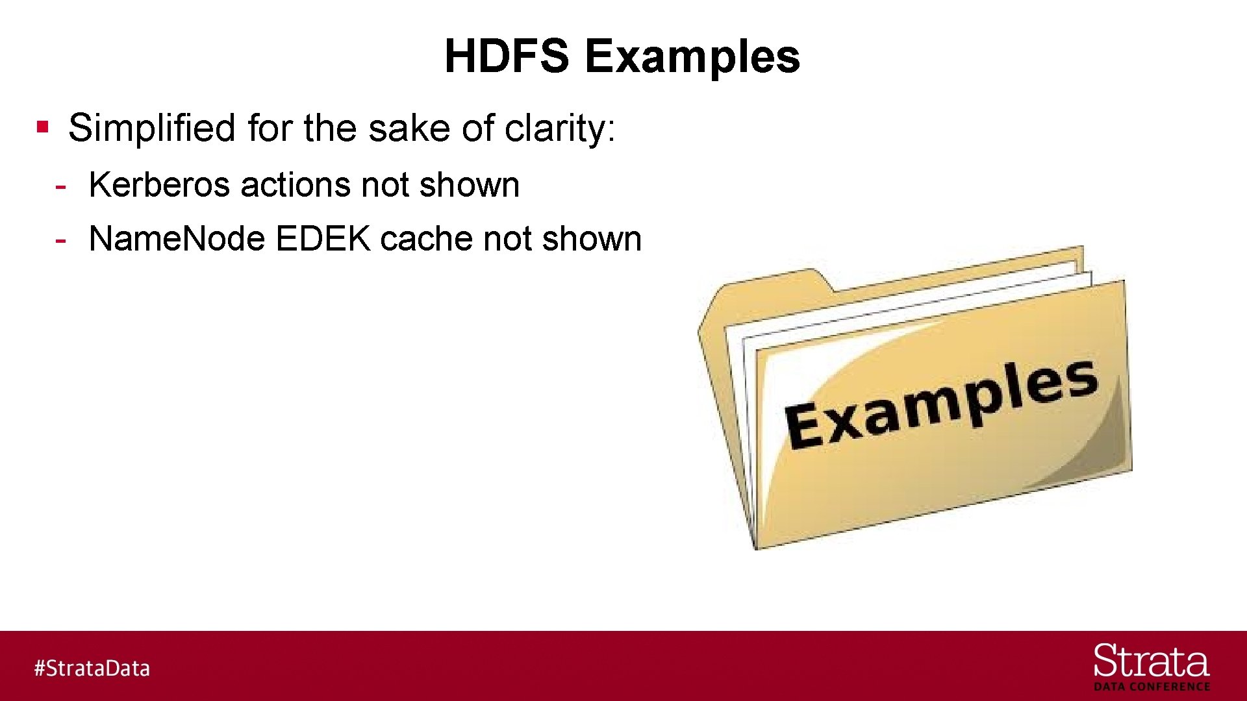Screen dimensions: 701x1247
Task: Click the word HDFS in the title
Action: point(506,56)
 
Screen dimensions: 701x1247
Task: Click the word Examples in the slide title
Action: point(692,57)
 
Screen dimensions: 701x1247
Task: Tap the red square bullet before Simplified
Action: point(43,126)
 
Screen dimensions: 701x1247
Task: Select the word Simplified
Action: point(151,128)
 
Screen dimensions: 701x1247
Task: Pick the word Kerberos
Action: point(159,185)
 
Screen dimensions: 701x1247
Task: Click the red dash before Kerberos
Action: point(60,186)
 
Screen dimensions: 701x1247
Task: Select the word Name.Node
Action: point(177,239)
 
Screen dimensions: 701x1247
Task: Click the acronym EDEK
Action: point(323,239)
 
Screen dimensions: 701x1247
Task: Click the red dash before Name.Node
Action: point(60,240)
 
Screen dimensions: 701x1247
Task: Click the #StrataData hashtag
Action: point(92,668)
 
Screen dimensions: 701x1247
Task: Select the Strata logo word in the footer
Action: point(1151,661)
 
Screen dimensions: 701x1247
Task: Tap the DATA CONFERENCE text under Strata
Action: point(1152,687)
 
